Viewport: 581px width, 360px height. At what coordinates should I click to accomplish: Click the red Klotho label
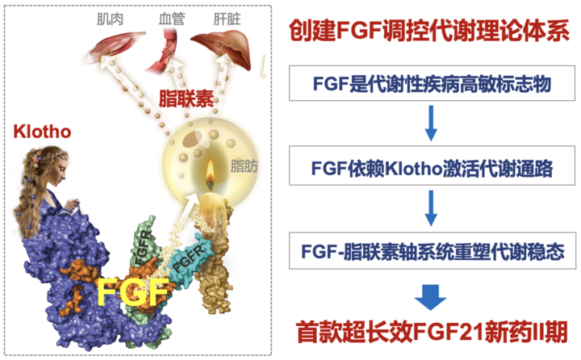tap(42, 132)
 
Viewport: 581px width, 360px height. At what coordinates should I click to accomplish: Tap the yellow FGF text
tap(133, 291)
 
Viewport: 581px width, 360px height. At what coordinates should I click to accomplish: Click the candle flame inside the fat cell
tap(210, 174)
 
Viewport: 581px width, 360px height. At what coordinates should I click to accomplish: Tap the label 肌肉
tap(110, 19)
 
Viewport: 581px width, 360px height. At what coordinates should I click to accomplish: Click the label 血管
tap(172, 19)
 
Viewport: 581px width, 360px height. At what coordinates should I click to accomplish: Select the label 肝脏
tap(227, 19)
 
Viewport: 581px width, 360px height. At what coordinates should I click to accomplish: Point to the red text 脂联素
tap(186, 98)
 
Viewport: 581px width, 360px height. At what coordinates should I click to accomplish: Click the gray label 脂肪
tap(244, 166)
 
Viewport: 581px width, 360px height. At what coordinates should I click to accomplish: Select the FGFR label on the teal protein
tap(189, 258)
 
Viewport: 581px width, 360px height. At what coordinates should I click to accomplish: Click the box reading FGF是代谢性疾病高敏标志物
tap(432, 83)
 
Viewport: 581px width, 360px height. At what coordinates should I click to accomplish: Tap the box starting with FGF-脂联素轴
tap(433, 251)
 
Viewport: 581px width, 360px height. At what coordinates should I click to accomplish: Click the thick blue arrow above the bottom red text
tap(431, 297)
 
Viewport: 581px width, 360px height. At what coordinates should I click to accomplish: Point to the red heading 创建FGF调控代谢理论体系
tap(429, 31)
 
